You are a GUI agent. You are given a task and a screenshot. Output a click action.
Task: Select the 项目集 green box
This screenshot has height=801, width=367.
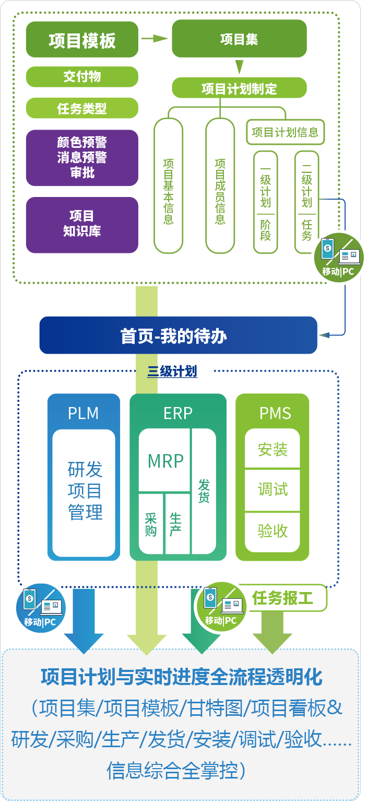239,39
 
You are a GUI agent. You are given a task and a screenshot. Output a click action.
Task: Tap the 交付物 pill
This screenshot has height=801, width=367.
82,77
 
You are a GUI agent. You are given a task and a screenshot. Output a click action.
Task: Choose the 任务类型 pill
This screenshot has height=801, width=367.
82,108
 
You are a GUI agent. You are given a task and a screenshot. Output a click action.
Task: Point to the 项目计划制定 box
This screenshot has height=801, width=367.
239,88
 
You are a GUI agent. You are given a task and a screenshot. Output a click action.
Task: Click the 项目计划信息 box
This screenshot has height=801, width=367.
285,132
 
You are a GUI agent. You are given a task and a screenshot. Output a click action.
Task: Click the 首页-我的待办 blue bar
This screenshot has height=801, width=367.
178,335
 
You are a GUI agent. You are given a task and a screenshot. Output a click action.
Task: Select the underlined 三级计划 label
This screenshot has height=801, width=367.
172,372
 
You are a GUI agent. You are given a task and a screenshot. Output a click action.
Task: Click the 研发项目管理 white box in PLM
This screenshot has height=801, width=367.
84,491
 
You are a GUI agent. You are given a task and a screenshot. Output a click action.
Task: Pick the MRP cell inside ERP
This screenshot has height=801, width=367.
165,461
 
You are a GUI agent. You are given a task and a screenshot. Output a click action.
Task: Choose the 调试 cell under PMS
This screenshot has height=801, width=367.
273,490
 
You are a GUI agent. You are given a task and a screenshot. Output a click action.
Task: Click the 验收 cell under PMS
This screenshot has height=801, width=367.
273,531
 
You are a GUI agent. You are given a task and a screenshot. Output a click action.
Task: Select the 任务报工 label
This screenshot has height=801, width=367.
282,598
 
